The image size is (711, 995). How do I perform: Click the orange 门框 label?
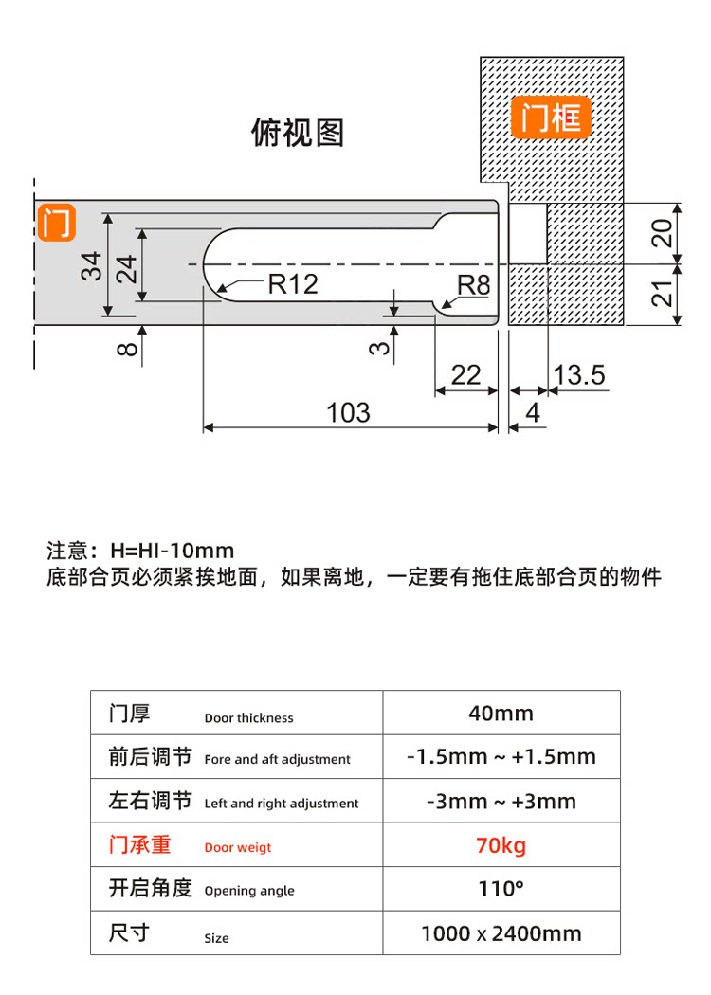point(551,119)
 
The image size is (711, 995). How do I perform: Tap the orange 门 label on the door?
point(55,224)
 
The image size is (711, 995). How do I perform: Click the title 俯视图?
point(297,133)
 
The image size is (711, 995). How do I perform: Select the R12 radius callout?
point(292,283)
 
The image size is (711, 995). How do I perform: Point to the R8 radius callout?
point(473,285)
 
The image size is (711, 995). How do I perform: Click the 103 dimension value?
point(348,413)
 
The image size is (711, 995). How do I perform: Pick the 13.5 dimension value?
point(578,375)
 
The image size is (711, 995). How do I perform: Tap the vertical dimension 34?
point(91,265)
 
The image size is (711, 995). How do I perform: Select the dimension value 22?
point(465,375)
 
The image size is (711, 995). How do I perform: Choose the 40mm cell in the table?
point(501,714)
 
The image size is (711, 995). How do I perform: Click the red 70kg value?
point(501,845)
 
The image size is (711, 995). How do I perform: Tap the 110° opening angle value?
point(501,889)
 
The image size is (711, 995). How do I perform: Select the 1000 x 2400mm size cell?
point(501,933)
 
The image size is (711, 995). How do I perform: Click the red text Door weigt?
point(237,848)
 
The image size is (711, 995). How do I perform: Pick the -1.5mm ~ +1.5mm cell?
point(501,757)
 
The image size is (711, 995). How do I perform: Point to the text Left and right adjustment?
point(282,804)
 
